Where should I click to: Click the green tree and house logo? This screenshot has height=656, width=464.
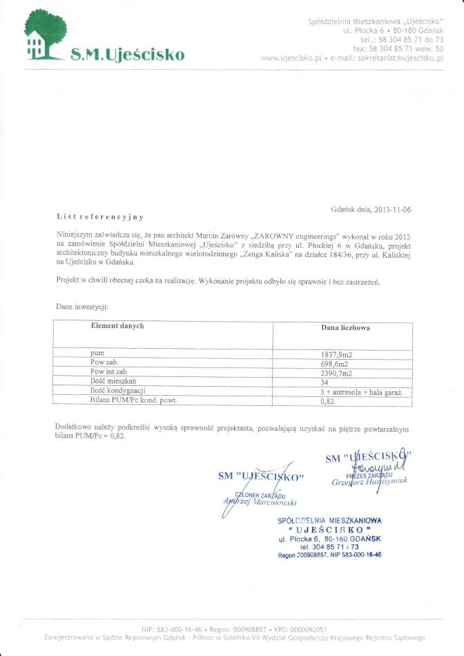(46, 35)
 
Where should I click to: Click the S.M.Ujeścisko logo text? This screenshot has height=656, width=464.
(128, 54)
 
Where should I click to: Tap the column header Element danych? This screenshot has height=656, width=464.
(117, 326)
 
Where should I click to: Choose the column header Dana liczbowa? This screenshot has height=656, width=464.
(345, 327)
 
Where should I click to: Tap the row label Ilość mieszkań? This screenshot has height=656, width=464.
(114, 381)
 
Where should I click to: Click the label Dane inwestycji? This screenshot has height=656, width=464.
(82, 306)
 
